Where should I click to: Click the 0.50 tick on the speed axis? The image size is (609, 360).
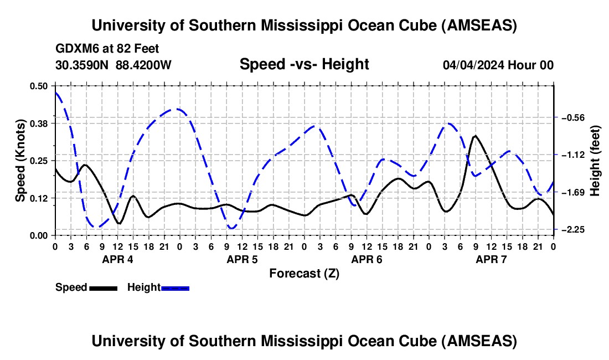coord(39,86)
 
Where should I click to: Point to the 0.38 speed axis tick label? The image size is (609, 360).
coord(39,123)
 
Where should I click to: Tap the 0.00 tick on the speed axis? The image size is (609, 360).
coord(39,235)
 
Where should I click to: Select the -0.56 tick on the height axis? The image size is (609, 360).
coord(572,118)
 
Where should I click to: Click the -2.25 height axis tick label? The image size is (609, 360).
coord(572,230)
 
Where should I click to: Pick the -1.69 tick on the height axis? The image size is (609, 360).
coord(572,193)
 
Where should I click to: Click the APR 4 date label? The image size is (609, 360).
coord(117,259)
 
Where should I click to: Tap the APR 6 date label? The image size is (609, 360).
coord(367,259)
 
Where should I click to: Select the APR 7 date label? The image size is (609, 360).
coord(491,259)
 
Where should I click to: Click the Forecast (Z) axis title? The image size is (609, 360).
coord(304,273)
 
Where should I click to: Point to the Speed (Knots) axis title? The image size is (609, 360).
coord(20,161)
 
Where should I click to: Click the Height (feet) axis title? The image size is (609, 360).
coord(596,161)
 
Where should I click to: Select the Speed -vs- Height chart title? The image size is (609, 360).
coord(304,64)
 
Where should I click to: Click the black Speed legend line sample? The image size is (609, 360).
coord(103,287)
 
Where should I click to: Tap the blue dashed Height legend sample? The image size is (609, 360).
coord(175,287)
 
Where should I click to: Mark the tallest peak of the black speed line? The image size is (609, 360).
coord(474,136)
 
